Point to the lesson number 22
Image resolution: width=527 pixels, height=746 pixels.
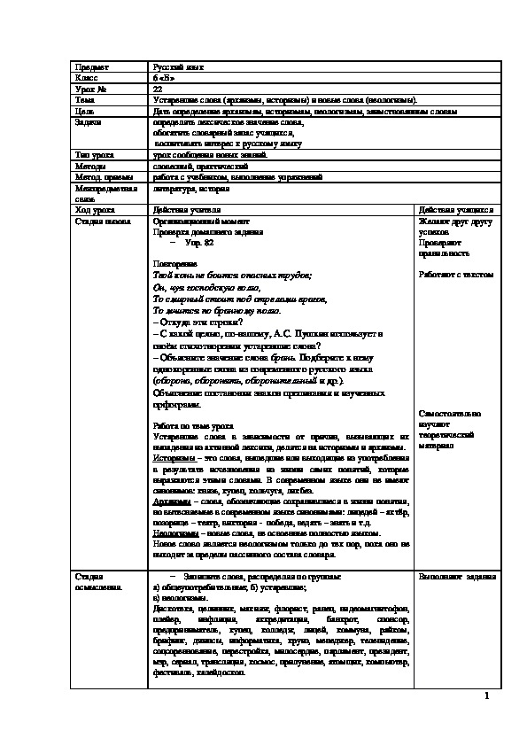click(157, 89)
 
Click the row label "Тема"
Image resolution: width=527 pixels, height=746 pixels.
click(87, 101)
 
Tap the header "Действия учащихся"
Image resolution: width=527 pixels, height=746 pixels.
click(455, 209)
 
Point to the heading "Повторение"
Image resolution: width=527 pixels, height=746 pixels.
click(174, 264)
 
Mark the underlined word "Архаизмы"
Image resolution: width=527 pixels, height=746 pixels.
click(172, 501)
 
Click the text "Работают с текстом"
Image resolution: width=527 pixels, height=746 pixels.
click(455, 275)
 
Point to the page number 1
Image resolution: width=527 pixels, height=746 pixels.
click(487, 695)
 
